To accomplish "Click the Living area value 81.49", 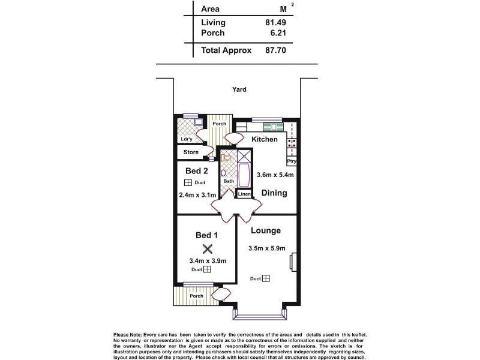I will click(274, 23).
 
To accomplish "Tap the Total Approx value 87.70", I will click(274, 52).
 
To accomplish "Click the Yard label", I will click(239, 89).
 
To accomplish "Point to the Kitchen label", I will click(264, 139).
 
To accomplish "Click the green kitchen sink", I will click(274, 127).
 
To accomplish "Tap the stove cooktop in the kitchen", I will click(293, 143).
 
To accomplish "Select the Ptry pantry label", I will click(292, 161).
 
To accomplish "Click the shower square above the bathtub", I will click(244, 156).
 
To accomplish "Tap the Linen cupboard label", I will click(244, 194).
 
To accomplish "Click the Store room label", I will click(191, 152).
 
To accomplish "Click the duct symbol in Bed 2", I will click(188, 182).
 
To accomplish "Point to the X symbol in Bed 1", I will click(208, 248).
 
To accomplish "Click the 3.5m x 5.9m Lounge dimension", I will click(267, 248).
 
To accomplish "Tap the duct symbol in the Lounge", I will click(266, 278).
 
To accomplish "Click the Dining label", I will click(274, 193).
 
